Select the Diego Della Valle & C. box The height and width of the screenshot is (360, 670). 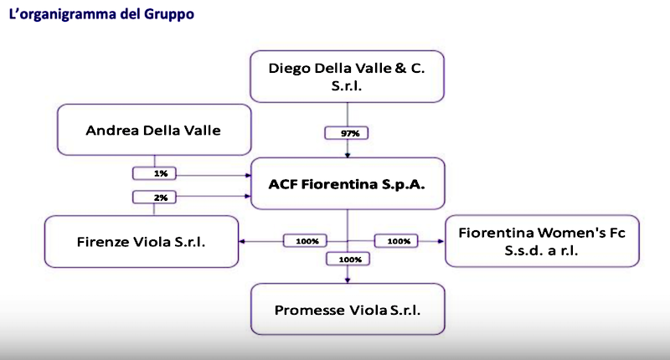348,76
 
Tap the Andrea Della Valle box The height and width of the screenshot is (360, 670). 154,130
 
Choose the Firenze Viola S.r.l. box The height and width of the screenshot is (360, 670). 142,241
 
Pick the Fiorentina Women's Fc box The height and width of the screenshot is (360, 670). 535,241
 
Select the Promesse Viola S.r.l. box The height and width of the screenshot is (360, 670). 348,310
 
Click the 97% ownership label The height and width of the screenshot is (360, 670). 348,132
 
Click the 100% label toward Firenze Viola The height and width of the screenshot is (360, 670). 307,241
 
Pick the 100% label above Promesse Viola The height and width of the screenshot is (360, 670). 348,260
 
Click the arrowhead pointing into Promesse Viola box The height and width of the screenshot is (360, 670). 348,280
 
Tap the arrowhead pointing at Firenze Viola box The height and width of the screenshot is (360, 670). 244,241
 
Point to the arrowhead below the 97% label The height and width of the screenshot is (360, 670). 348,153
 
